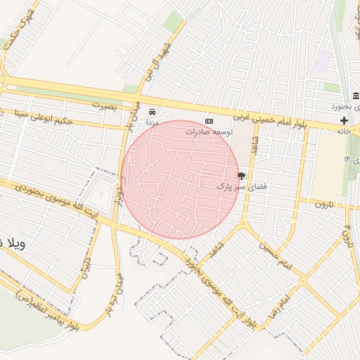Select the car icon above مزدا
152,111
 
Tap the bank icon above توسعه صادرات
208,121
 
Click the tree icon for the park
242,176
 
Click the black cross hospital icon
344,121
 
